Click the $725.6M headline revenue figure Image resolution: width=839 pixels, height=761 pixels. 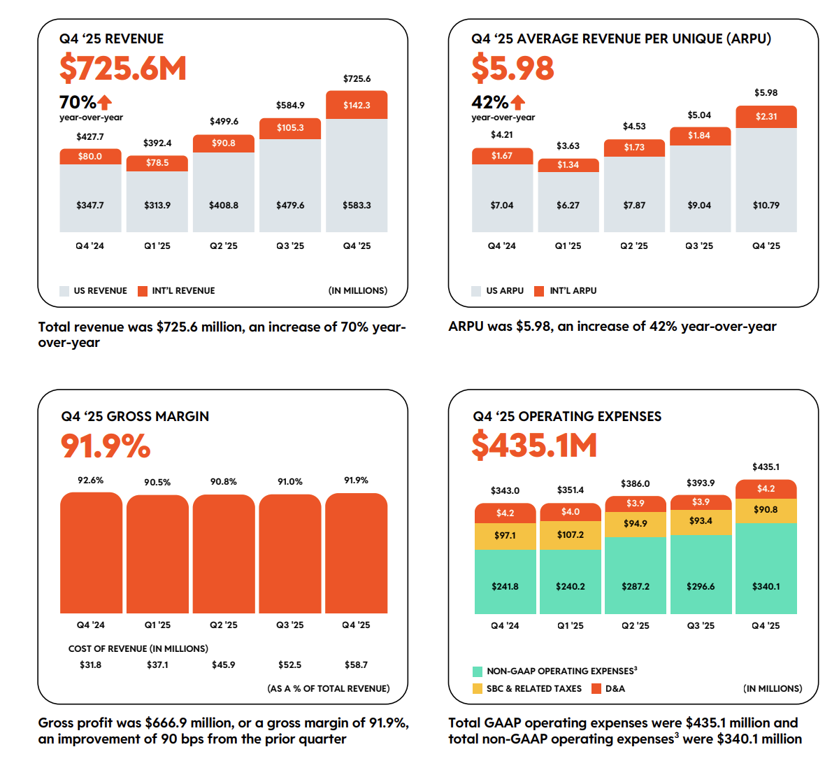(x=123, y=69)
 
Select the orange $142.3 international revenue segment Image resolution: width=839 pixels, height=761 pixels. (x=357, y=105)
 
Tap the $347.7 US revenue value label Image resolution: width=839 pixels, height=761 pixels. (x=90, y=205)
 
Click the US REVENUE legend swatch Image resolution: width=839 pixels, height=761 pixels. (x=64, y=291)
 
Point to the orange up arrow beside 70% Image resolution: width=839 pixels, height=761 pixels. (x=104, y=102)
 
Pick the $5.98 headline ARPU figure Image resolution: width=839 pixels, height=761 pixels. (x=512, y=69)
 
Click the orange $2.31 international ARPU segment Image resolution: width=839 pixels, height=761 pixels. (x=766, y=116)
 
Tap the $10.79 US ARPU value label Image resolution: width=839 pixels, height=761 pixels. (x=766, y=205)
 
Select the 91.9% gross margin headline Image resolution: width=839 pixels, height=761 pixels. (x=106, y=446)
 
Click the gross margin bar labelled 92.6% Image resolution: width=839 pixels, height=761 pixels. (x=91, y=553)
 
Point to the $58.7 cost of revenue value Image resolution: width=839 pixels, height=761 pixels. (x=356, y=664)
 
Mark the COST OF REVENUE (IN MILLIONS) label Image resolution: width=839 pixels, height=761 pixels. (x=138, y=648)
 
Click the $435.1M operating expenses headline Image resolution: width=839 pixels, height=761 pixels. (x=535, y=446)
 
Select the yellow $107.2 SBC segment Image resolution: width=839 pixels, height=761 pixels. (x=571, y=535)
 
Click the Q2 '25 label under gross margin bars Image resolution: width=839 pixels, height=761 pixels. (x=224, y=625)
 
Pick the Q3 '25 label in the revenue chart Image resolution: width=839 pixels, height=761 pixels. (x=290, y=246)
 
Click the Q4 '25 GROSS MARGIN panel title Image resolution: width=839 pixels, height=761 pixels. (x=135, y=416)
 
